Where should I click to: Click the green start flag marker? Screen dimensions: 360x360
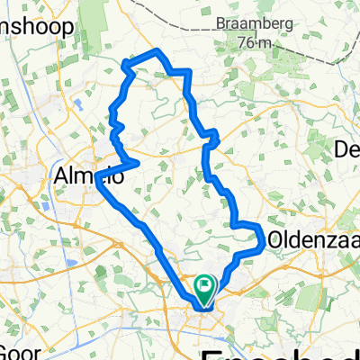tap(204, 289)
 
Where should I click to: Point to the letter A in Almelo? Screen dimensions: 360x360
tap(62, 171)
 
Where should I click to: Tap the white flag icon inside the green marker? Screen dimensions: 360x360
tap(205, 286)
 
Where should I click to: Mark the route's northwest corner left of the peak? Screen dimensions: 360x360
tap(123, 63)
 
